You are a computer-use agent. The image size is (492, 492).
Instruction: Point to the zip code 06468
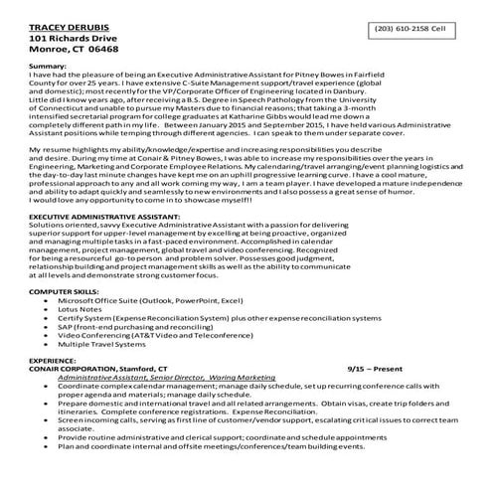tap(102, 47)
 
